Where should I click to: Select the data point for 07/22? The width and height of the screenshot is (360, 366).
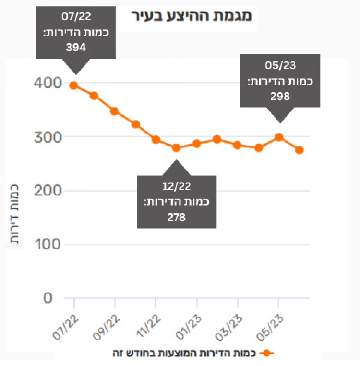pyautogui.click(x=74, y=85)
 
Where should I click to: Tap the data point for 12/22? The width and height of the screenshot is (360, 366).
pyautogui.click(x=176, y=148)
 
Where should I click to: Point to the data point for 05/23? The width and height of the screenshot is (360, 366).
pyautogui.click(x=279, y=137)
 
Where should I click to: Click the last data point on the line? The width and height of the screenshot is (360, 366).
pyautogui.click(x=300, y=150)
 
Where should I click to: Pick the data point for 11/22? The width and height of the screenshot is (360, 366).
pyautogui.click(x=156, y=140)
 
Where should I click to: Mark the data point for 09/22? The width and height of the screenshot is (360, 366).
pyautogui.click(x=114, y=111)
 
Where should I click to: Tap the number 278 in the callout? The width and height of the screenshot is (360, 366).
pyautogui.click(x=176, y=217)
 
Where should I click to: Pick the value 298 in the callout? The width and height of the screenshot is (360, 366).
pyautogui.click(x=280, y=96)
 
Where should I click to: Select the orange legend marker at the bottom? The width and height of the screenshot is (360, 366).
pyautogui.click(x=266, y=353)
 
